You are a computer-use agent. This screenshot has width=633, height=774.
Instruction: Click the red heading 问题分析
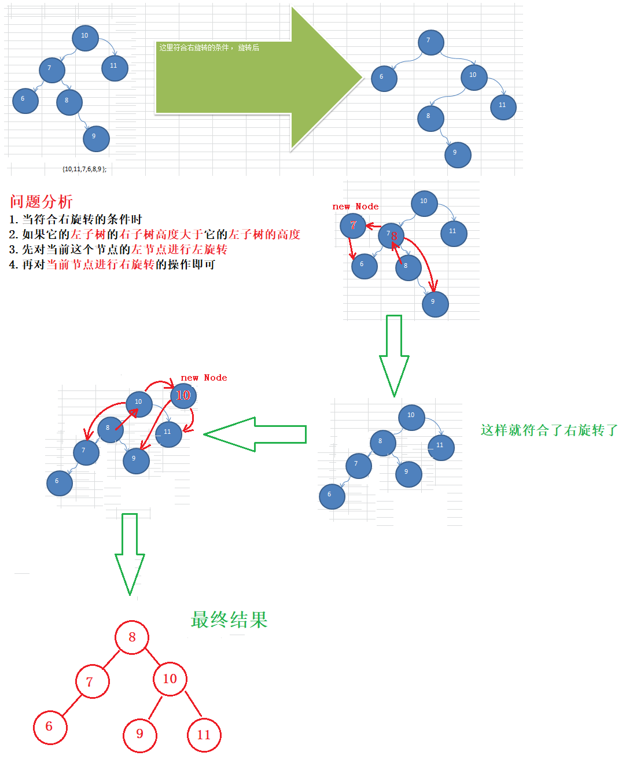41,201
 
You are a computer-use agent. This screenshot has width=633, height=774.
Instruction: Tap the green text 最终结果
229,620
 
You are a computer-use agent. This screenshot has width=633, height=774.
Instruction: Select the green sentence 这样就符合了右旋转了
549,430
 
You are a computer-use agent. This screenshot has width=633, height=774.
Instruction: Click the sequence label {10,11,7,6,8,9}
84,169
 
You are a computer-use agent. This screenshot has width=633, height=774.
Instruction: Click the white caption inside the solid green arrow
209,47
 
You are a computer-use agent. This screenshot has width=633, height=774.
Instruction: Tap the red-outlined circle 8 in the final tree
132,637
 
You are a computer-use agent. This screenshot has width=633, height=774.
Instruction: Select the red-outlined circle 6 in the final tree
50,727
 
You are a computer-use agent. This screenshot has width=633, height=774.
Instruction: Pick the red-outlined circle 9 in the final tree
140,735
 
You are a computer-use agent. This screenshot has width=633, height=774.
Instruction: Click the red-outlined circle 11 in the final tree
204,735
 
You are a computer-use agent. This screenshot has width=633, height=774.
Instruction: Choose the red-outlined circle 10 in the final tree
170,679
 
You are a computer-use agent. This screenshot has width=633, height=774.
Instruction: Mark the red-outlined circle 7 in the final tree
92,682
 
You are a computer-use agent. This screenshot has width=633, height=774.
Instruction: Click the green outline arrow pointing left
255,434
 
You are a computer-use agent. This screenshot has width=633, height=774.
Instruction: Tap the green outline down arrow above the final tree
130,552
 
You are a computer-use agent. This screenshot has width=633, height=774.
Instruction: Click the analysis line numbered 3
118,249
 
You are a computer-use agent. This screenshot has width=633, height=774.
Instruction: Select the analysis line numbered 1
76,219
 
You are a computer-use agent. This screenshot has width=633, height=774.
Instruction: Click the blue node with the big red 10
184,396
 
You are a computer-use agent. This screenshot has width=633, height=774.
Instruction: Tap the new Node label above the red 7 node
355,207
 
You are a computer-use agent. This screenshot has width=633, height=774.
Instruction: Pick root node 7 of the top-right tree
430,42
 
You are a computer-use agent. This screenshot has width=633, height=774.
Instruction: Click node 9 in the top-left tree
96,138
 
